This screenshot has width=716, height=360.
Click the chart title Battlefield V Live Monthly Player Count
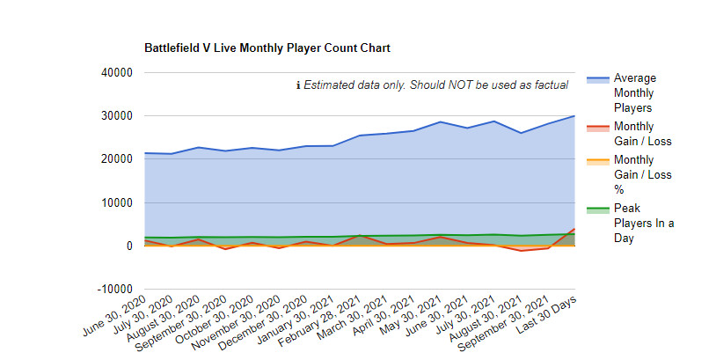coord(267,47)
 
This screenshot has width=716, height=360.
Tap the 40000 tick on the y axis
coord(115,73)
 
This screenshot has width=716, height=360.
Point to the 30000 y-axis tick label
coord(115,116)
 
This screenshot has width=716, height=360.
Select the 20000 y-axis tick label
coord(115,159)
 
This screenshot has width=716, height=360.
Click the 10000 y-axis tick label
coord(115,202)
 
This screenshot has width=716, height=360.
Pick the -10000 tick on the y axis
coord(113,289)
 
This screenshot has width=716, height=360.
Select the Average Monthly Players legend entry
coord(634,92)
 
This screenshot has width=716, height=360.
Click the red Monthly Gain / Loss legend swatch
coord(597,128)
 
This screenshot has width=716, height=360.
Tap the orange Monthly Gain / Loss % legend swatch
coord(597,161)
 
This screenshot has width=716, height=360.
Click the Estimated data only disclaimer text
coord(432,85)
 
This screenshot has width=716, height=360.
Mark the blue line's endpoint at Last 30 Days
coord(574,116)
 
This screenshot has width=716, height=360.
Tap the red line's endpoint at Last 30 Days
coord(574,229)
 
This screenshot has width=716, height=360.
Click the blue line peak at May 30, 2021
coord(440,122)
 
